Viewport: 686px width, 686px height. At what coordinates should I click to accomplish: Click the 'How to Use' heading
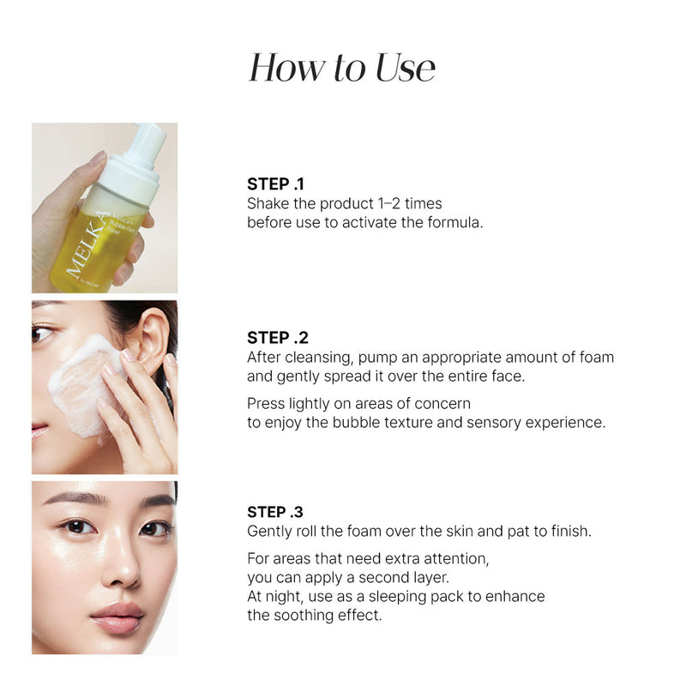pos(342,68)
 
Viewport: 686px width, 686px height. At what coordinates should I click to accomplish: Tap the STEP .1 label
pos(275,184)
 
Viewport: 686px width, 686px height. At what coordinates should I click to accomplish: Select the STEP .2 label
pos(276,337)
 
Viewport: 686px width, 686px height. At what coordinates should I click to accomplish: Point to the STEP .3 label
pos(275,512)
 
